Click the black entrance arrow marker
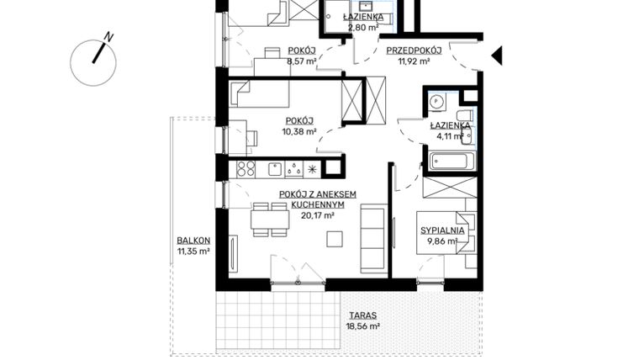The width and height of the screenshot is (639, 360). (x=496, y=56)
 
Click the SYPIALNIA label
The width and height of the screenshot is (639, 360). (x=443, y=230)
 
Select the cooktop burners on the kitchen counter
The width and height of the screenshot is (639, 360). (x=246, y=168)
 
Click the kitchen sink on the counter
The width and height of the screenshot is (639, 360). (x=274, y=168)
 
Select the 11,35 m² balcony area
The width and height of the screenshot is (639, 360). (x=193, y=251)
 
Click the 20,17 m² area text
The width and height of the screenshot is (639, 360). (x=318, y=215)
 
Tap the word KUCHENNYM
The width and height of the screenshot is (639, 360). (x=318, y=204)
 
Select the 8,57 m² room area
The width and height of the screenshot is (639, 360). (x=300, y=61)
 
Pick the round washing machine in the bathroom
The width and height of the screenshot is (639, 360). (x=436, y=101)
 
